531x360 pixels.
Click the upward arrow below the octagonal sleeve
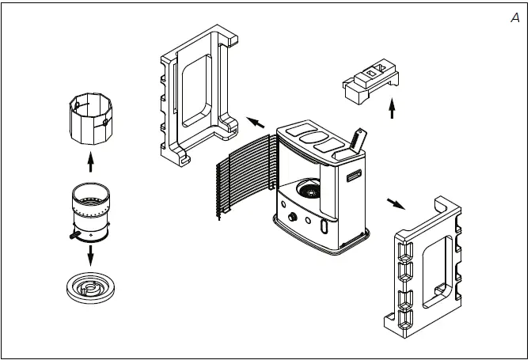90,161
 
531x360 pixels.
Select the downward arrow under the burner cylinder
90,255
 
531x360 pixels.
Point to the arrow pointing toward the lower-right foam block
395,202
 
